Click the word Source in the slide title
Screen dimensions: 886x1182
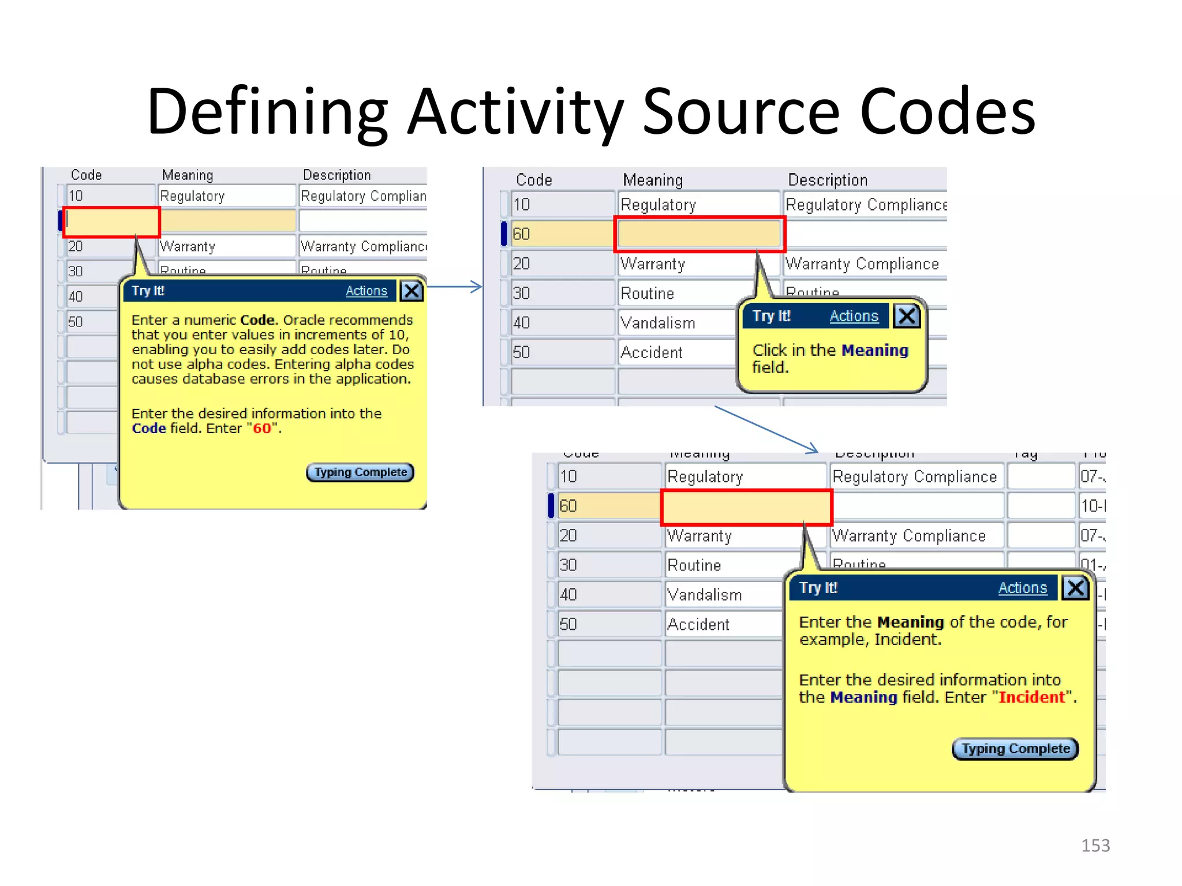pyautogui.click(x=740, y=111)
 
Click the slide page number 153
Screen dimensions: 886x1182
pyautogui.click(x=1095, y=846)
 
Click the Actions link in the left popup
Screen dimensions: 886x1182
pyautogui.click(x=366, y=291)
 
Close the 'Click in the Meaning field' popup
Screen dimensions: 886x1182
pyautogui.click(x=907, y=316)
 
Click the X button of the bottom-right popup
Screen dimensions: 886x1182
pyautogui.click(x=1075, y=588)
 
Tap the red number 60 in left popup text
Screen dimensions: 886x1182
pyautogui.click(x=261, y=429)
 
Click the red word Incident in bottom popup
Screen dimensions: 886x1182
pyautogui.click(x=1031, y=697)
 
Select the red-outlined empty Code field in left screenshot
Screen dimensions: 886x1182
pyautogui.click(x=111, y=221)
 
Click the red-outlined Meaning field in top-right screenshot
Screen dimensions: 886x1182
pyautogui.click(x=699, y=234)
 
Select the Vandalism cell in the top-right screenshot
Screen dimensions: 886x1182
pyautogui.click(x=658, y=323)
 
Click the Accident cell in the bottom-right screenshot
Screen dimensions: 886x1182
pyautogui.click(x=698, y=624)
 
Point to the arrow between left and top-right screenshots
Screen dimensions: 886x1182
pyautogui.click(x=454, y=287)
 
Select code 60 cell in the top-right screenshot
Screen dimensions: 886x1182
pyautogui.click(x=560, y=234)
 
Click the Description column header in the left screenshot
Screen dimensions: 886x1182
pyautogui.click(x=336, y=175)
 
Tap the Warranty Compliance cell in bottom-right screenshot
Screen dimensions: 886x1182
pyautogui.click(x=910, y=536)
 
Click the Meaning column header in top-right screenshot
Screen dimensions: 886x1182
pyautogui.click(x=652, y=180)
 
